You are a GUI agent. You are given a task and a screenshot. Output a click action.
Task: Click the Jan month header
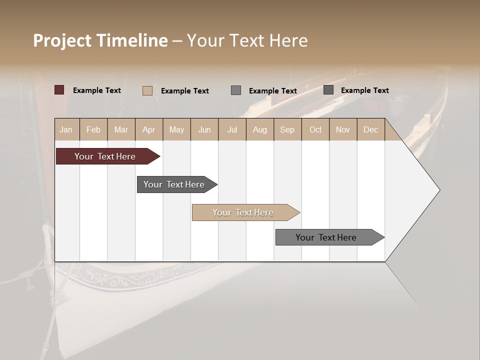tap(66, 129)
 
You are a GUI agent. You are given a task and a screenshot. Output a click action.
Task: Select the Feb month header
tap(93, 129)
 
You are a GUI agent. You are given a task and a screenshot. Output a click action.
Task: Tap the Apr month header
tap(148, 129)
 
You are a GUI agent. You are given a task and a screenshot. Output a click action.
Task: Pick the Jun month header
tap(204, 129)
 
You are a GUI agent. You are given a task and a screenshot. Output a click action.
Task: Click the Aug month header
tap(259, 129)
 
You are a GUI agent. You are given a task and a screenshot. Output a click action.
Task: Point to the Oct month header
tap(315, 129)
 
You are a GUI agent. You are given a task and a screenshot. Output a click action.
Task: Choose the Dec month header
tap(370, 129)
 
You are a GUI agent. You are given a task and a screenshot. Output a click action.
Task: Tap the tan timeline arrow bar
tap(243, 212)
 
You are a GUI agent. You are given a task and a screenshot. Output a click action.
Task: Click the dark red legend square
tap(59, 90)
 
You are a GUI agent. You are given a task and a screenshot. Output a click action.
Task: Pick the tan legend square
tap(147, 90)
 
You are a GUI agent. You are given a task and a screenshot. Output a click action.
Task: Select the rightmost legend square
tap(328, 90)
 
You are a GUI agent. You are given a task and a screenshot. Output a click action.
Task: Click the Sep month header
tap(287, 129)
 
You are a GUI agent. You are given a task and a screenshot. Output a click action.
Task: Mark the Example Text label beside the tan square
tap(184, 90)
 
